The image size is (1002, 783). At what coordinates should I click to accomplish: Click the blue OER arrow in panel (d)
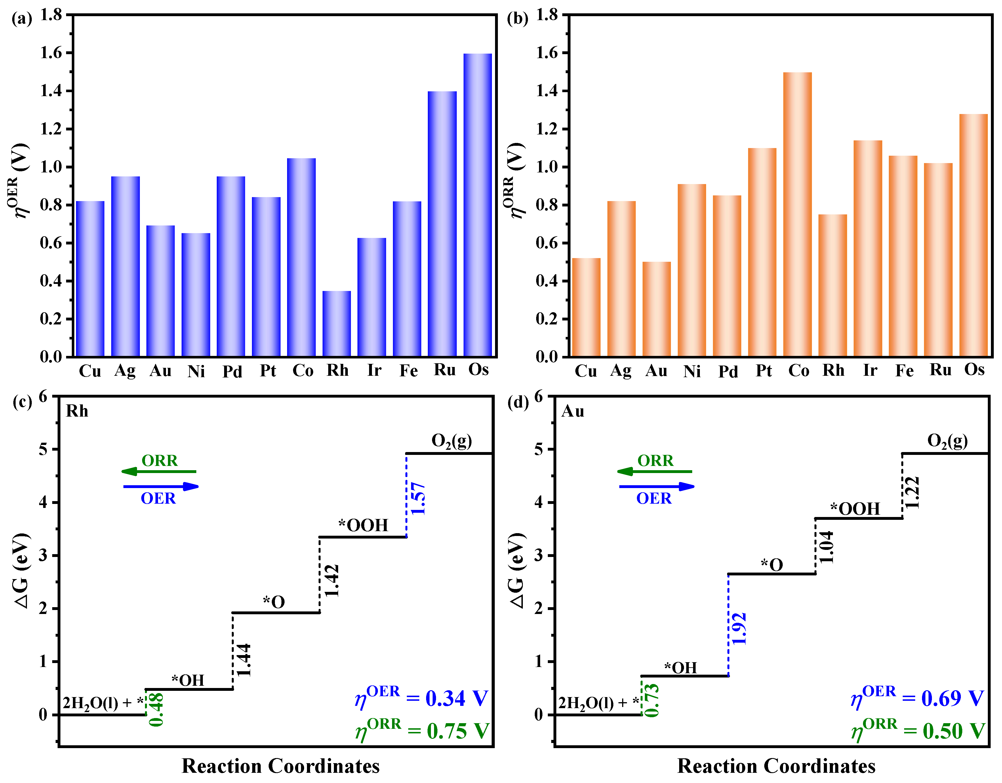[x=656, y=486]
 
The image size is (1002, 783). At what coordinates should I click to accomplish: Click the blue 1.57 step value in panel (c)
[x=418, y=499]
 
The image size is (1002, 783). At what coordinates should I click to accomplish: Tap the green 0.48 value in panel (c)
[x=156, y=710]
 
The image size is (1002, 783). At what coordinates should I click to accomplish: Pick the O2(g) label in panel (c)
[x=451, y=441]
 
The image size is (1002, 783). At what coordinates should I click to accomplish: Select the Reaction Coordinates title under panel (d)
[x=776, y=766]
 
